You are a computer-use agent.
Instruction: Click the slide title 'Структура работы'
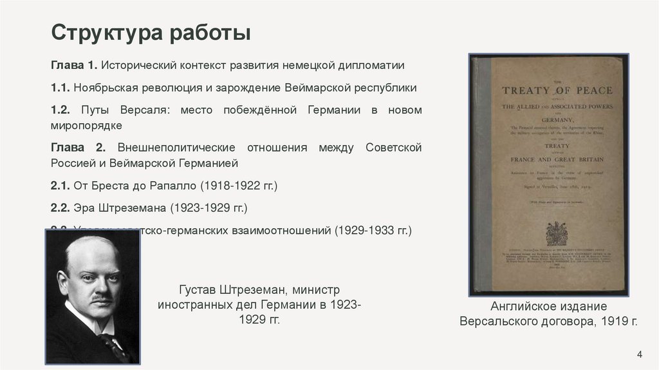(x=151, y=32)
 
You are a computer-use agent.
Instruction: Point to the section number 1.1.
(x=60, y=88)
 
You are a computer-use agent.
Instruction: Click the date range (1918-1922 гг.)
(x=238, y=186)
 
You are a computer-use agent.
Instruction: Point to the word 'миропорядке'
(x=86, y=125)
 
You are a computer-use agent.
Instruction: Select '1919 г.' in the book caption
(x=616, y=321)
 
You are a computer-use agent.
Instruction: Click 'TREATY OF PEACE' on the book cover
(x=557, y=91)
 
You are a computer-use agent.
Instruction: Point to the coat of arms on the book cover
(x=556, y=233)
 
